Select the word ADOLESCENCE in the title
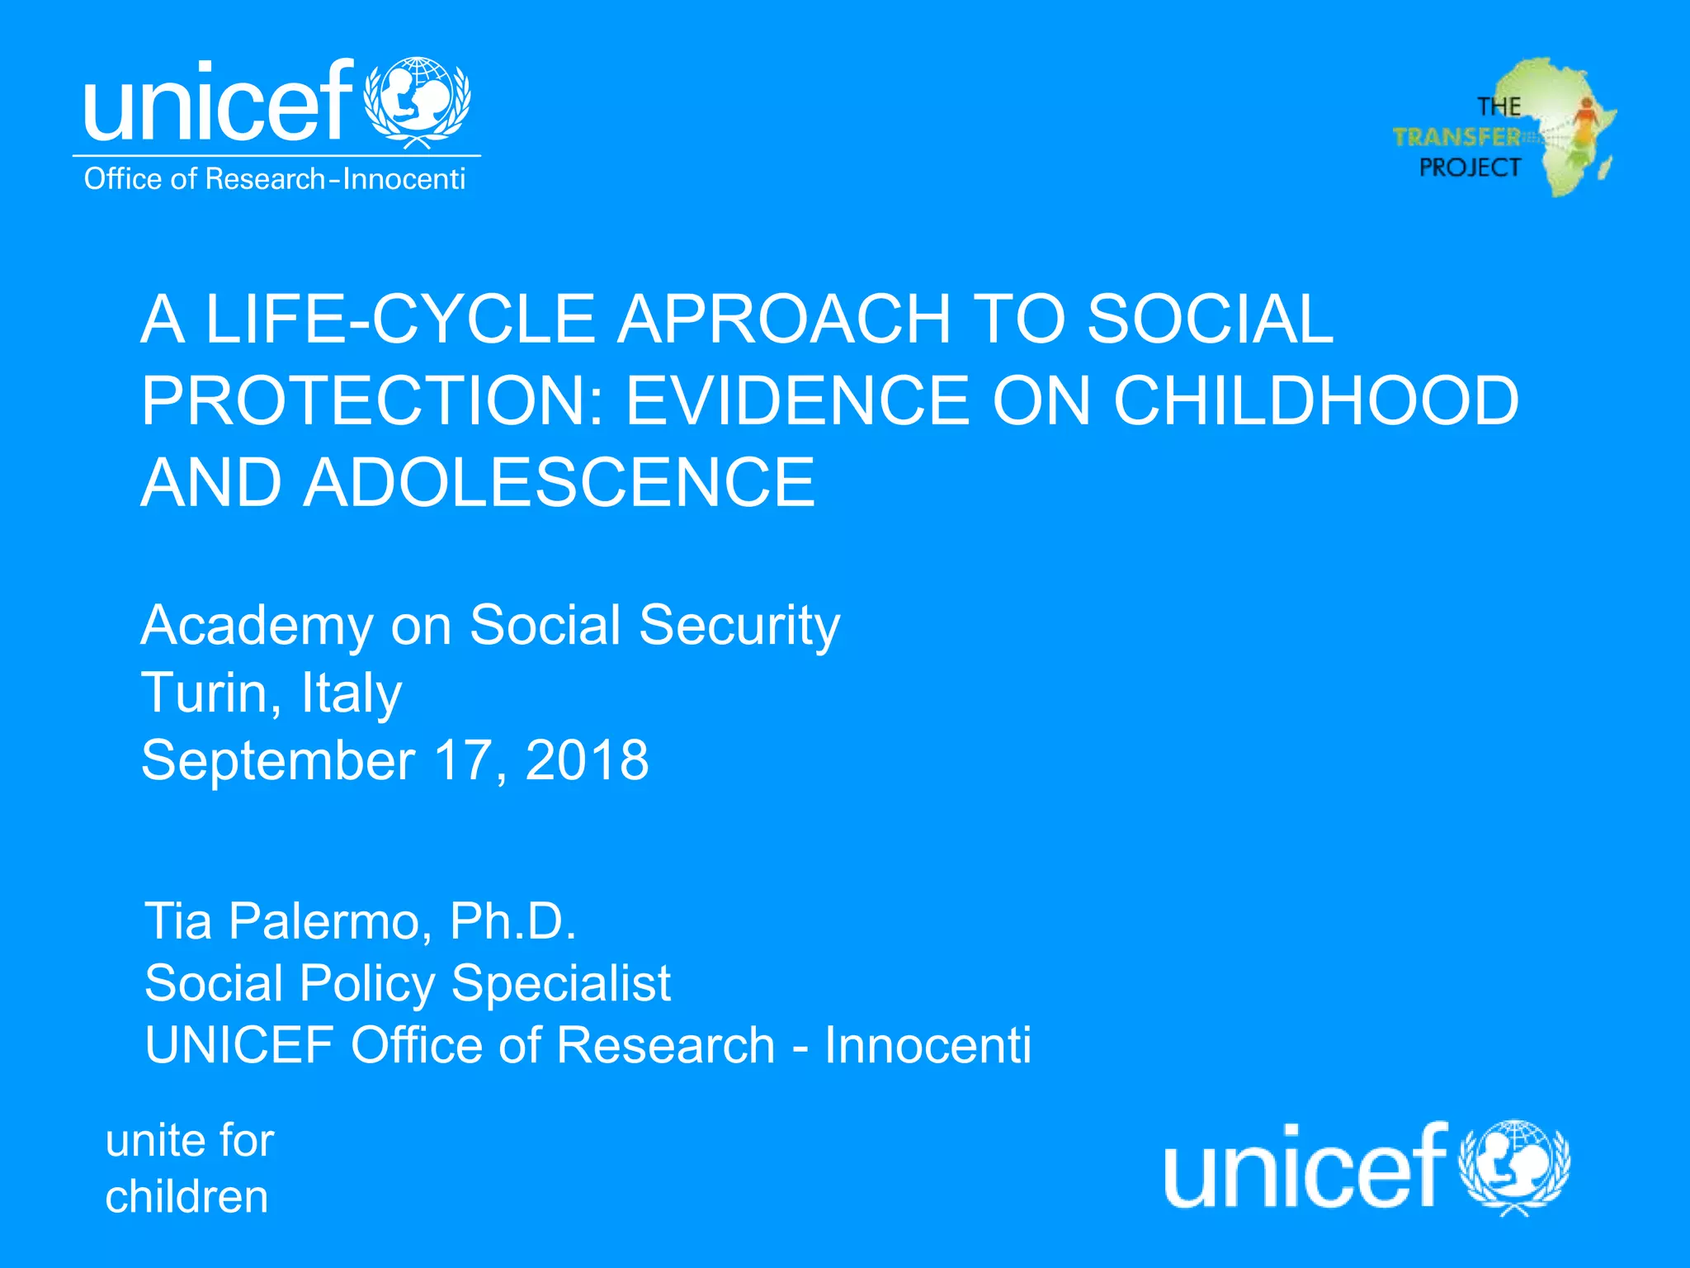[x=559, y=483]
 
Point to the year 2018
[x=587, y=759]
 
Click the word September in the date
[x=278, y=761]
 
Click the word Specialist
[x=561, y=983]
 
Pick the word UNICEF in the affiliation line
[x=239, y=1045]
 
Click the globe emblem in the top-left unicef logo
[x=418, y=101]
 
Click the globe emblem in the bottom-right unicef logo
[x=1514, y=1166]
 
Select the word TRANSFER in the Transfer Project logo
[x=1456, y=137]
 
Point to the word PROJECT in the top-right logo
[x=1470, y=168]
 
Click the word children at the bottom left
[x=187, y=1197]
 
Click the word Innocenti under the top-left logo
[x=404, y=179]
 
